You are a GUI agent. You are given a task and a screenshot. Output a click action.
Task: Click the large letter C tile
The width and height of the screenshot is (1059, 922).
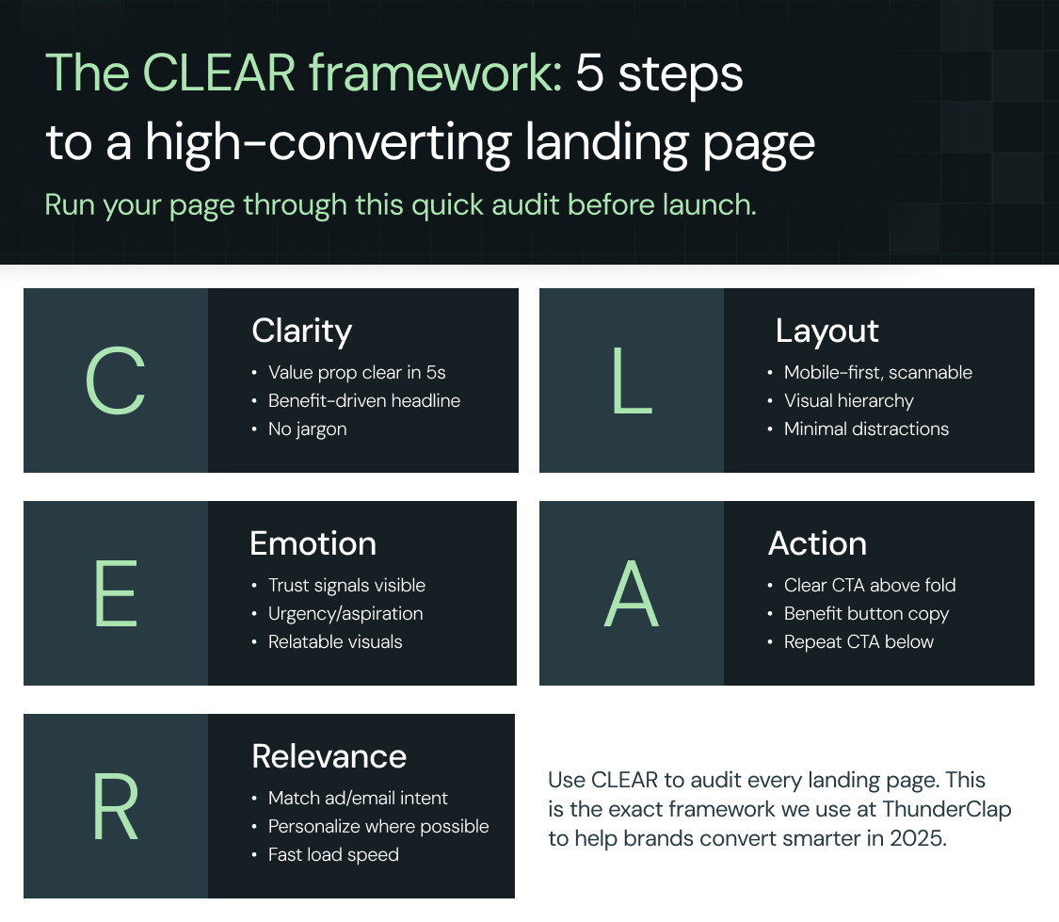point(115,381)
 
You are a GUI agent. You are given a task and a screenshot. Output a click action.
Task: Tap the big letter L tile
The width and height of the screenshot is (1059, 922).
point(632,381)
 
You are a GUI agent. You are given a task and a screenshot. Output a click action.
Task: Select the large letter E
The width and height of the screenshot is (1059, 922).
point(116,594)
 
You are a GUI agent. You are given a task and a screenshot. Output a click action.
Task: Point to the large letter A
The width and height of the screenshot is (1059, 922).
point(631,594)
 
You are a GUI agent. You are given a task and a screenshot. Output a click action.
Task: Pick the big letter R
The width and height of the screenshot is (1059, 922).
point(116,807)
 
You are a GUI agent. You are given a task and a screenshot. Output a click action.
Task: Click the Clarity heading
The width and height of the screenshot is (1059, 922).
point(301,331)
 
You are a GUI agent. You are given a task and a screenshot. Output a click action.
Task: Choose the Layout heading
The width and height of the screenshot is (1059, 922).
point(826,331)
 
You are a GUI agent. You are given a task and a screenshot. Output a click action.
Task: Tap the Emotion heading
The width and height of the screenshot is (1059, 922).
point(313,543)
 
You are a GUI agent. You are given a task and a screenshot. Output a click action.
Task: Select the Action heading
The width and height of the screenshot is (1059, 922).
point(817,543)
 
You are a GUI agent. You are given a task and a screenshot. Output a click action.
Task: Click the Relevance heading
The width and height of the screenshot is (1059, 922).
point(329,756)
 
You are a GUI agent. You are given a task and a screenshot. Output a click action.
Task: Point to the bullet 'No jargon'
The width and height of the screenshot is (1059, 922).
point(307,429)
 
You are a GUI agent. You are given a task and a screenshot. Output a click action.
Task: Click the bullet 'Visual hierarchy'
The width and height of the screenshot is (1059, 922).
point(848,401)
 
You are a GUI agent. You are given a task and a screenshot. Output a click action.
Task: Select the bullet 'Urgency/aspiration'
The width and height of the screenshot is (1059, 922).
point(345,614)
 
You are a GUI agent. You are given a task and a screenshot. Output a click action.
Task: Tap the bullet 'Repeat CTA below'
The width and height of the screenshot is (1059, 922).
point(858,642)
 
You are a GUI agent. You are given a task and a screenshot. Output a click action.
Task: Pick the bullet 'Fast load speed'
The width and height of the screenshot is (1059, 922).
point(333,855)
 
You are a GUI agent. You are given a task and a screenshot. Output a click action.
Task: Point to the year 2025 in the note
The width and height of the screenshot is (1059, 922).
point(917,838)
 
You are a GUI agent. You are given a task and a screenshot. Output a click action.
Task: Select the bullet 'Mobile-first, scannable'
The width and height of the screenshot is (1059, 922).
point(877,373)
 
